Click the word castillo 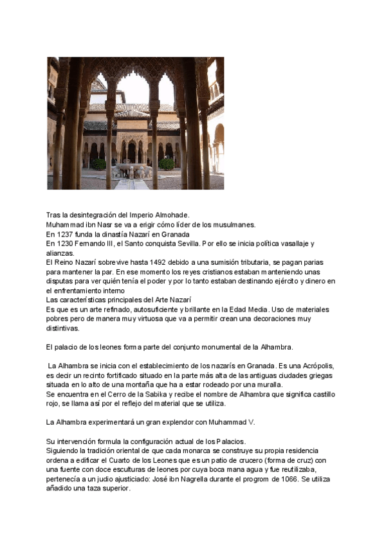coord(320,393)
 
